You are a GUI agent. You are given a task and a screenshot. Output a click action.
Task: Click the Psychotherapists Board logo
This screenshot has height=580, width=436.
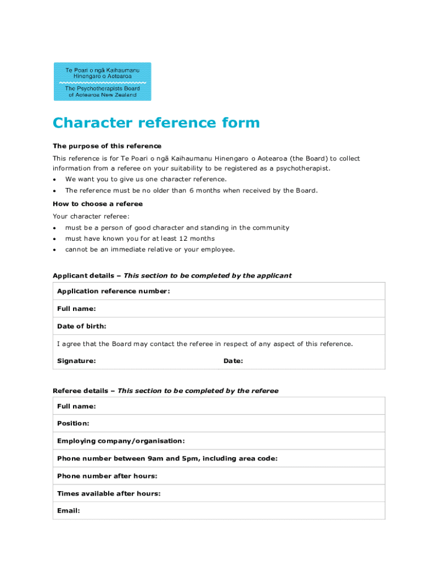coord(102,82)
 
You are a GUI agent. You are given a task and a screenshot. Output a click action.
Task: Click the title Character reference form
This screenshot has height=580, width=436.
coord(156,123)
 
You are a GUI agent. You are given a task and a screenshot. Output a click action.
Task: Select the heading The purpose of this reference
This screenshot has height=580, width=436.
coord(107,146)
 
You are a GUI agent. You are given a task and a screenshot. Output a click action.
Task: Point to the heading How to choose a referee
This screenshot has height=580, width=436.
coord(97,204)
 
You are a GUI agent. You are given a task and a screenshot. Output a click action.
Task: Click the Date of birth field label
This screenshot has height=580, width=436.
coord(82,326)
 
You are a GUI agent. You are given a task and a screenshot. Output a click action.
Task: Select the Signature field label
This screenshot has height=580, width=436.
coord(76,361)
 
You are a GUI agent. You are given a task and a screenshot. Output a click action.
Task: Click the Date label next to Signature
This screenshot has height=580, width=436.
coord(233,361)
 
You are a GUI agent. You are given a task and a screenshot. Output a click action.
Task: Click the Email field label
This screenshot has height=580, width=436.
coord(69,510)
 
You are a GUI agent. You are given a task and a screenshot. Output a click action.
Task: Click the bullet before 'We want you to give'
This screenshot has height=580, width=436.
coord(54,180)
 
